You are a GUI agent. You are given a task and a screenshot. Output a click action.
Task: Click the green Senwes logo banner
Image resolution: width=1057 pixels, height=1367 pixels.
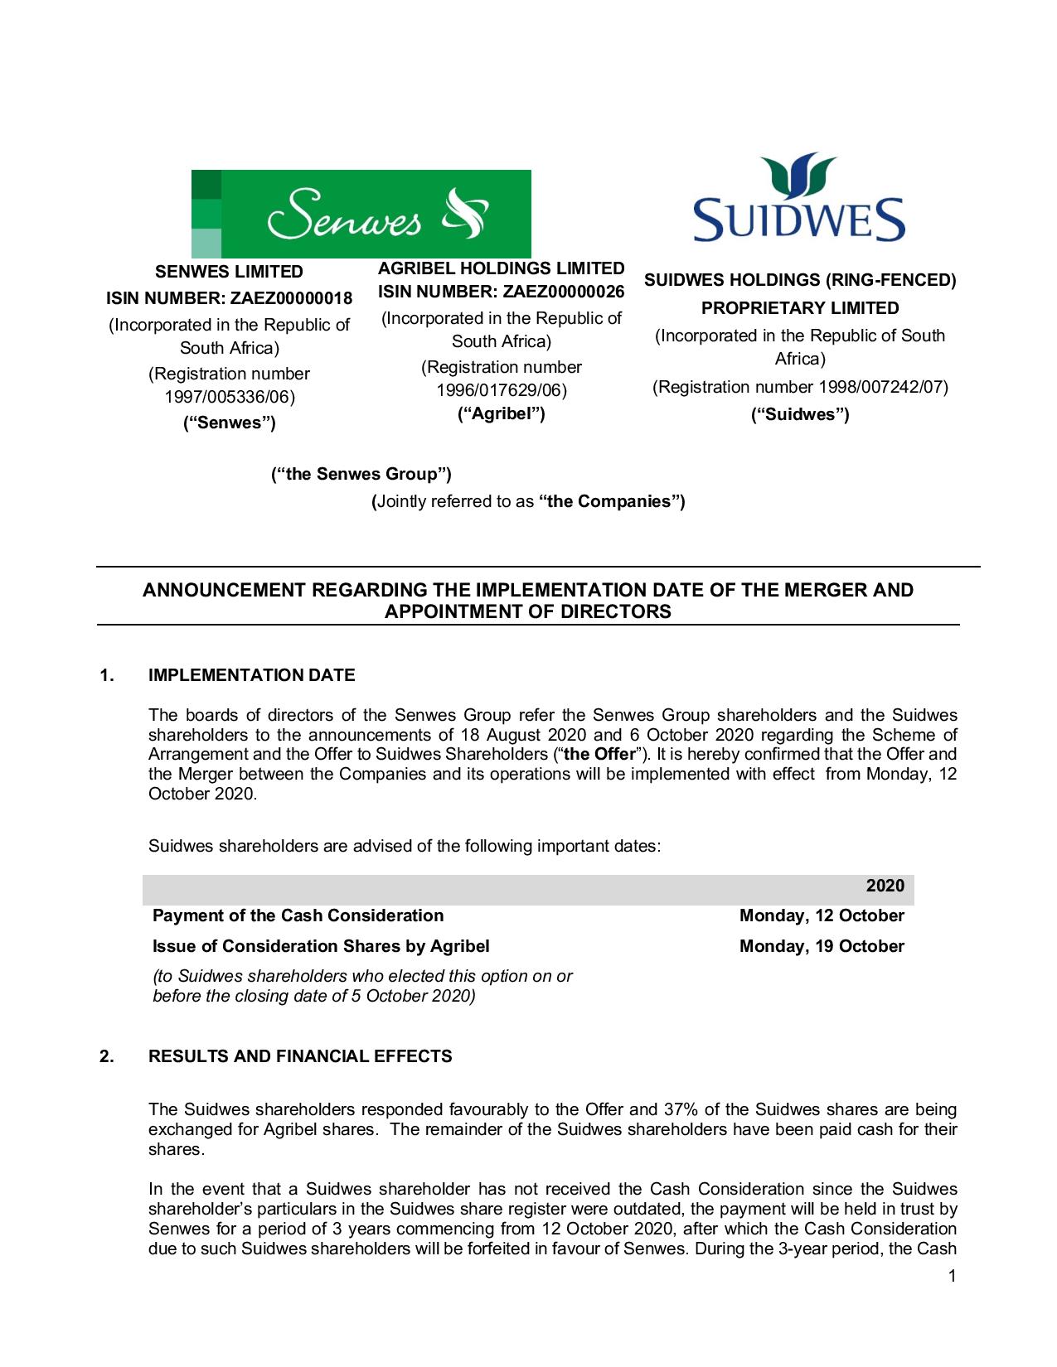pos(361,213)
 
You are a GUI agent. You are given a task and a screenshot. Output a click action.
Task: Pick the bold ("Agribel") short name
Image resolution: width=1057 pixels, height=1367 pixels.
pos(502,413)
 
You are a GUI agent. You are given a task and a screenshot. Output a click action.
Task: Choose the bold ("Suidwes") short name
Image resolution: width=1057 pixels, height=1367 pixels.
pos(800,414)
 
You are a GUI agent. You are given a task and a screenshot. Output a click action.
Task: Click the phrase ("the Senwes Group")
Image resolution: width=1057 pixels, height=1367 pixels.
pos(361,474)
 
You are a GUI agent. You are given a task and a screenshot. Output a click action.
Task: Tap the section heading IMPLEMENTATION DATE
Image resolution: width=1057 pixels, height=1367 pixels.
pos(251,675)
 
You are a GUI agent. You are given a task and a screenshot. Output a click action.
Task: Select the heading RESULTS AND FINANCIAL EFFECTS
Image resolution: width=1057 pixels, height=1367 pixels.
pos(300,1056)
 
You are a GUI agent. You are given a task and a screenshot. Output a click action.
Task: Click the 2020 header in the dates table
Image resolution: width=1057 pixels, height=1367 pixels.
pos(885,886)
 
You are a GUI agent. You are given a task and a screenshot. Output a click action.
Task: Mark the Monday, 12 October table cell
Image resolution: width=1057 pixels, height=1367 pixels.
pos(821,915)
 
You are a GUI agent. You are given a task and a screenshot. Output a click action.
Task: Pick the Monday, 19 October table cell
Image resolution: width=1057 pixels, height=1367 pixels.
pos(821,946)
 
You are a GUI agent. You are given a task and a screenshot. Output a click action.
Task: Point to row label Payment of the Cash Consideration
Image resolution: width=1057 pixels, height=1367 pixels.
pos(298,915)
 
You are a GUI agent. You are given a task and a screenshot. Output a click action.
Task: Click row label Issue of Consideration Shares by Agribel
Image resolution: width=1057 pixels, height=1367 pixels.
pos(321,946)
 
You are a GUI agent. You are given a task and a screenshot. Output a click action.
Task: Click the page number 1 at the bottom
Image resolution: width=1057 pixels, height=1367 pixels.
pos(953,1276)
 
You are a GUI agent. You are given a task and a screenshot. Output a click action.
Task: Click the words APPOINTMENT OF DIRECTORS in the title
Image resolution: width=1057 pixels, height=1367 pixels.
pos(528,612)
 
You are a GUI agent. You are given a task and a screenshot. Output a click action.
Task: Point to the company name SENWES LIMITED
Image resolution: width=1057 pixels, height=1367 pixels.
pos(230,272)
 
